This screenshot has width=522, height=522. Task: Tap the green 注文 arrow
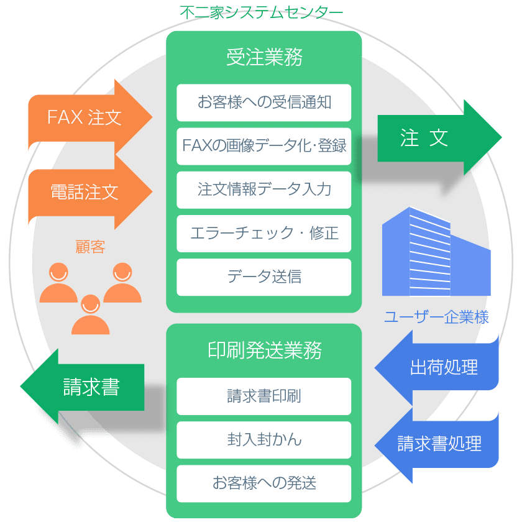[x=429, y=138]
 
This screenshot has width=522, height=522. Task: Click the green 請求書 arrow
[x=87, y=387]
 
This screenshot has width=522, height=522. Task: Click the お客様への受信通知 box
[x=264, y=103]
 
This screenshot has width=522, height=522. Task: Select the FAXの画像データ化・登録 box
[x=264, y=147]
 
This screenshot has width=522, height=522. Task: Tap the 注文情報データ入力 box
[x=264, y=190]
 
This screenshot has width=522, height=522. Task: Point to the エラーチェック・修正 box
[x=264, y=234]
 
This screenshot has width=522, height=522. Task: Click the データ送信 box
[x=264, y=277]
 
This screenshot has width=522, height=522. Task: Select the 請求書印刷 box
[x=264, y=396]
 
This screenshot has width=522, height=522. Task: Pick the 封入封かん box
[x=264, y=440]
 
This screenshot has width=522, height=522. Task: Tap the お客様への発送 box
[x=264, y=483]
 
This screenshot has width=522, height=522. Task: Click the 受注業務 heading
[x=264, y=58]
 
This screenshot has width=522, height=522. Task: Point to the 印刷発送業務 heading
[x=264, y=350]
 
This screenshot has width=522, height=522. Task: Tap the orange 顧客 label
[x=90, y=247]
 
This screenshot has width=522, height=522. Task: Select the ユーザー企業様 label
[x=436, y=318]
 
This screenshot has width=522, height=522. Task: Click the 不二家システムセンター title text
[x=261, y=12]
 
